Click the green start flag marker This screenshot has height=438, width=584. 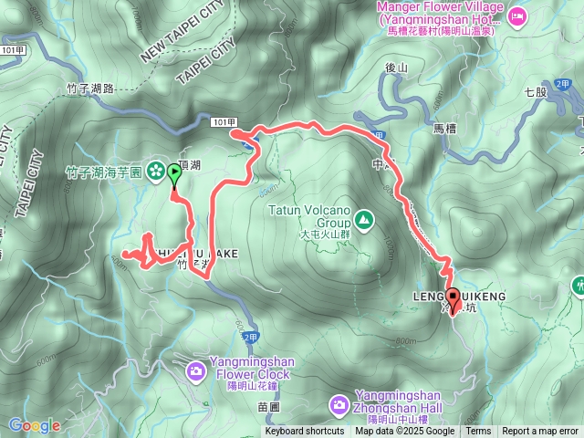pos(174,172)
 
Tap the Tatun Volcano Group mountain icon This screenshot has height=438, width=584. pos(364,218)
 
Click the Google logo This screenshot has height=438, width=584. pos(34,425)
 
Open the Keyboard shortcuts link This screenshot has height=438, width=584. pos(305,432)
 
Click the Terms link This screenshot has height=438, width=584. pos(478,432)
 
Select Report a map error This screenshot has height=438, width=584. pos(540,432)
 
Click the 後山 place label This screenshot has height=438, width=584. pos(395,68)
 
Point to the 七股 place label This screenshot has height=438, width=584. pos(536,92)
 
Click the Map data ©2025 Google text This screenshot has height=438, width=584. pos(404,432)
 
